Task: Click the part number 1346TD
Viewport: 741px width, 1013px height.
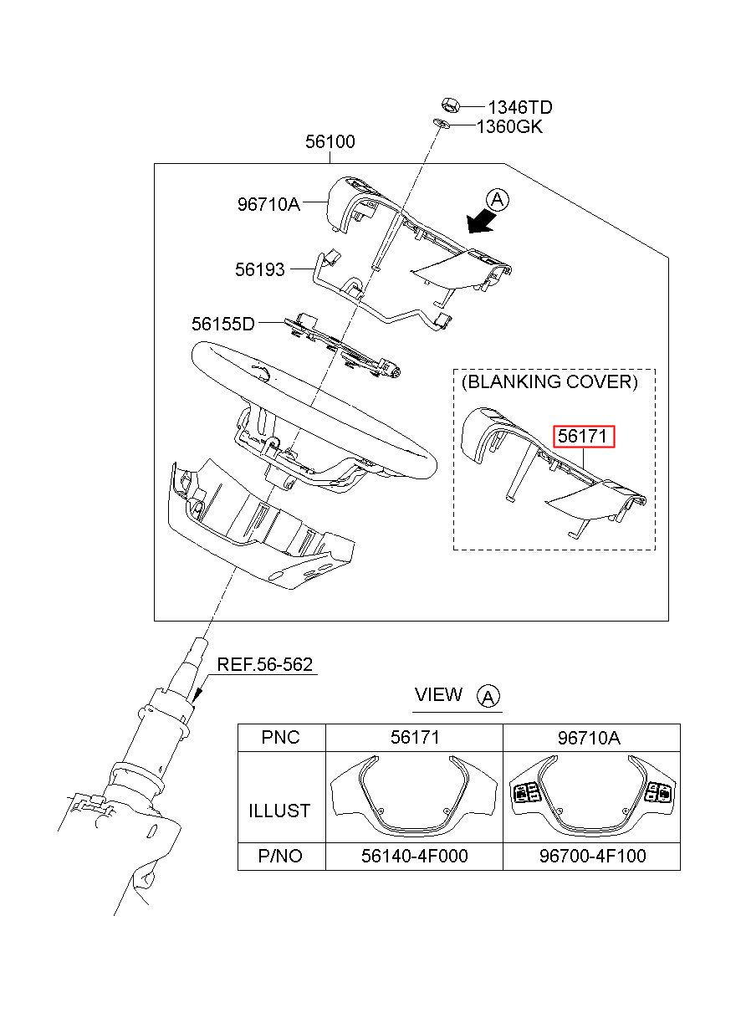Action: click(x=520, y=107)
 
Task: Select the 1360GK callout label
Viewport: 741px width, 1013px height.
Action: click(x=509, y=127)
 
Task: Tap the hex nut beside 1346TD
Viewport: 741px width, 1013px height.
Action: click(x=451, y=105)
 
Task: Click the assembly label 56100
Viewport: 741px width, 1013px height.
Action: click(x=330, y=141)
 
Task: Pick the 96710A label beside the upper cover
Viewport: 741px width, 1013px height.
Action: click(x=268, y=204)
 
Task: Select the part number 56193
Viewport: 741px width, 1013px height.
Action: click(x=260, y=269)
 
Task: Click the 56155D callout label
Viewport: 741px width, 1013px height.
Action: click(x=223, y=324)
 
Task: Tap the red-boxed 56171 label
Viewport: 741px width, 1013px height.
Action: click(x=585, y=437)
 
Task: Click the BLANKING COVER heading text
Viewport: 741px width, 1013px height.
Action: click(x=549, y=382)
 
